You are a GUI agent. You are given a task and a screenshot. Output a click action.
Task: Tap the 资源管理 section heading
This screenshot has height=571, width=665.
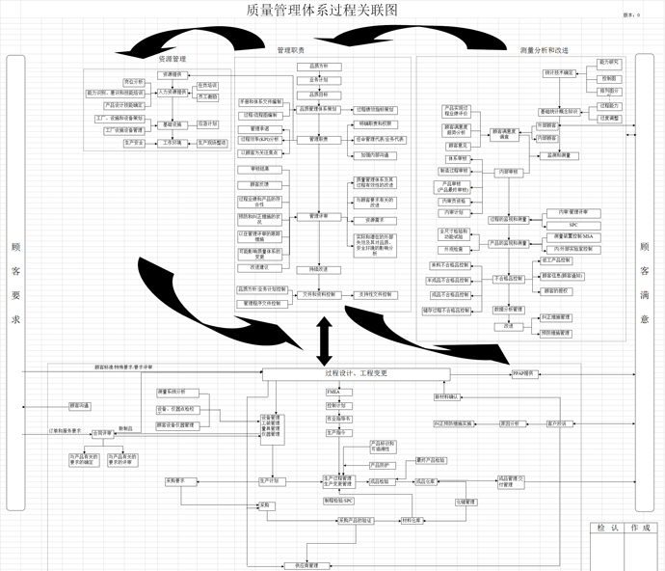point(171,60)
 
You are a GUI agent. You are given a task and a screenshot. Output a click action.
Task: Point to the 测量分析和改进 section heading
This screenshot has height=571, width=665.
point(544,50)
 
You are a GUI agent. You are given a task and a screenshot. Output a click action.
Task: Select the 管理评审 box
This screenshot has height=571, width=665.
point(319,216)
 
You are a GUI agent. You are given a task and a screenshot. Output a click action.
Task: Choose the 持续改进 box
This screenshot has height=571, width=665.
point(319,268)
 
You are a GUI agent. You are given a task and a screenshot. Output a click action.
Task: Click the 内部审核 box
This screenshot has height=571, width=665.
point(507,172)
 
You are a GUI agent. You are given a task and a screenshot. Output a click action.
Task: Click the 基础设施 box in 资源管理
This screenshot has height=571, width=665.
point(170,124)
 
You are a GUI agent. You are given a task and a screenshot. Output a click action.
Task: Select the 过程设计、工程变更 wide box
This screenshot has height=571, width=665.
point(343,372)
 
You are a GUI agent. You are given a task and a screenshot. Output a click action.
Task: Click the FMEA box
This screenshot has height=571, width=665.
point(333,393)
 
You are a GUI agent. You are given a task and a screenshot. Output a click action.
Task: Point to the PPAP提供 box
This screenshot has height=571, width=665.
point(524,372)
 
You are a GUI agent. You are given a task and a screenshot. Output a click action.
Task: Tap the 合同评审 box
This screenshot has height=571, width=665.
point(102,433)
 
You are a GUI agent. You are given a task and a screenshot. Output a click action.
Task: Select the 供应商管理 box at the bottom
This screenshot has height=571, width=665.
point(300,564)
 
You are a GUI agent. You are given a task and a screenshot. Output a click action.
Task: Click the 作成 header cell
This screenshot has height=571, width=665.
point(640,528)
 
